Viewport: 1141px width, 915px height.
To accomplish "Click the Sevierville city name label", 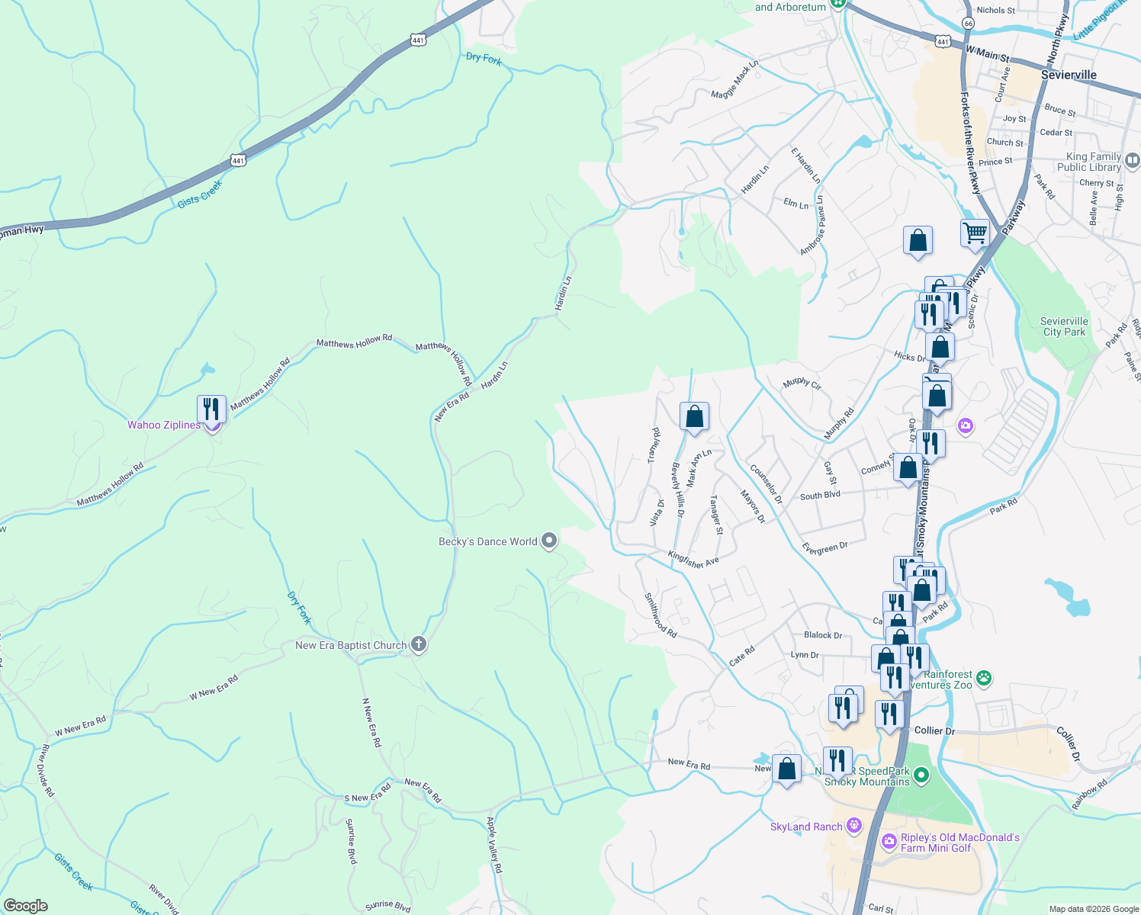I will click(1069, 75).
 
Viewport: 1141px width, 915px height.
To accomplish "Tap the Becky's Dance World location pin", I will click(549, 541).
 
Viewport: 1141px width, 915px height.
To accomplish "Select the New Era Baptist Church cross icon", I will click(418, 645).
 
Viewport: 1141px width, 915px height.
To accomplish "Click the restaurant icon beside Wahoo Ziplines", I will click(211, 409).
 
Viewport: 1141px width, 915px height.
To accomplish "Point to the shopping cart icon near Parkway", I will click(975, 233).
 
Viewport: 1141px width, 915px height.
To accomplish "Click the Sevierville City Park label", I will click(1064, 326).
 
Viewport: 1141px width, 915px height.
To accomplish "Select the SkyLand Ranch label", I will click(806, 827).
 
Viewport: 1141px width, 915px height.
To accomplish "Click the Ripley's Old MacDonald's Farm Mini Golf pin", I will click(889, 842).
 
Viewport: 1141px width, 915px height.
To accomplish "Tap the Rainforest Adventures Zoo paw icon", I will click(985, 676).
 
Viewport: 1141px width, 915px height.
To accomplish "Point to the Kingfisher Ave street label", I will click(693, 560).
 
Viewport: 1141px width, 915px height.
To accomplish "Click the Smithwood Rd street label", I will click(660, 615).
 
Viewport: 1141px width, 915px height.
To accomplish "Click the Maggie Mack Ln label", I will click(734, 80).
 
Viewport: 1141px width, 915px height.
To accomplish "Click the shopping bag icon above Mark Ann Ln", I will click(694, 416).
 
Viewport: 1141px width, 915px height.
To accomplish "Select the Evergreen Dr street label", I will click(824, 548).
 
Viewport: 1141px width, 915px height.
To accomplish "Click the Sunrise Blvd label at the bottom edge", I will click(387, 906).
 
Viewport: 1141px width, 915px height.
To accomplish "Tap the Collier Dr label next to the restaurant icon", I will click(934, 730).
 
